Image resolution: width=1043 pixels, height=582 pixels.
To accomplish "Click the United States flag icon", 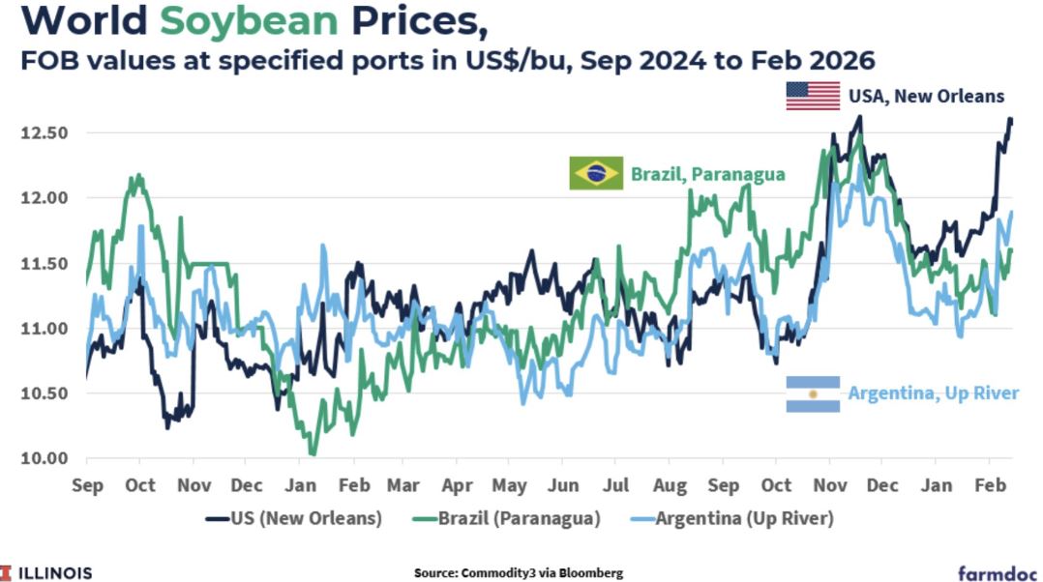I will pos(813,96).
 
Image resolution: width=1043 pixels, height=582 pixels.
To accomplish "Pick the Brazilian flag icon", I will pos(596,173).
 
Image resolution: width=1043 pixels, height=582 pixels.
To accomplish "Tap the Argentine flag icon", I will pos(813,393).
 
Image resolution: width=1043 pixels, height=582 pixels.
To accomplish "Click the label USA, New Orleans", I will pos(926,96).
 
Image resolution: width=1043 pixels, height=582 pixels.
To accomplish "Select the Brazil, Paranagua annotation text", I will pos(708,174).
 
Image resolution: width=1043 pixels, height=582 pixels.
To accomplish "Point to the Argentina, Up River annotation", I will pos(933,393).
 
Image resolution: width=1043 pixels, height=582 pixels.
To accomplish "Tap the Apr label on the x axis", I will pos(457,484).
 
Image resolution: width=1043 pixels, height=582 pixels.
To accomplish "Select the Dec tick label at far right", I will pos(882,484).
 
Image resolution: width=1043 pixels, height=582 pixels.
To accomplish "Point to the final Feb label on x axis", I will pos(989,484).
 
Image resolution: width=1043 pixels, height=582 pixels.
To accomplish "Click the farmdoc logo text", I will pos(996,571).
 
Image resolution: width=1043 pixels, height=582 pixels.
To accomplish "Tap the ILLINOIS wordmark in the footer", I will pos(54,572).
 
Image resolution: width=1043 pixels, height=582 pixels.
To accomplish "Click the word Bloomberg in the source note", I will pos(587,573).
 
